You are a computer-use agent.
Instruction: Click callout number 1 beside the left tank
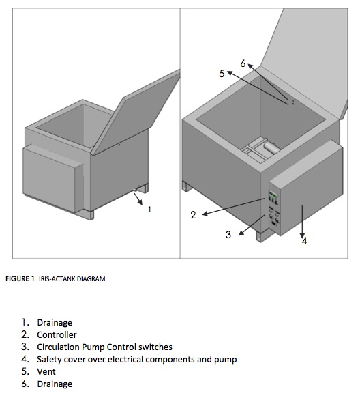click(x=149, y=209)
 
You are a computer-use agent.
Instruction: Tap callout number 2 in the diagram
click(x=194, y=215)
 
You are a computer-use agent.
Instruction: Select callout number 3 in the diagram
click(x=228, y=234)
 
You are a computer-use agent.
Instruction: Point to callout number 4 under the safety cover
click(x=304, y=241)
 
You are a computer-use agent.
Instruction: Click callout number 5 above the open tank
click(x=222, y=74)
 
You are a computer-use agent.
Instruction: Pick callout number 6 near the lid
click(x=243, y=63)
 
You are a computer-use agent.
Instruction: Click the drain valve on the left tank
click(x=136, y=189)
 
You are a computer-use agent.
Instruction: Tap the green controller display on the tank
click(x=273, y=197)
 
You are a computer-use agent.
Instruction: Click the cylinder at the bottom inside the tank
click(x=271, y=147)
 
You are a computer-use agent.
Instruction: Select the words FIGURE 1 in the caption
click(x=20, y=278)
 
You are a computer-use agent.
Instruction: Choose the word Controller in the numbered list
click(x=57, y=334)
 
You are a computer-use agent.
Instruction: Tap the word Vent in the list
click(x=46, y=371)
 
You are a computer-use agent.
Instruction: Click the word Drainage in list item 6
click(x=55, y=384)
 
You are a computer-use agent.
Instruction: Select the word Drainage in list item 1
click(x=55, y=322)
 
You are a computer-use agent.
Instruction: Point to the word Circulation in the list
click(x=58, y=347)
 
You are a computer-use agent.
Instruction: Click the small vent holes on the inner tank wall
click(x=293, y=102)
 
